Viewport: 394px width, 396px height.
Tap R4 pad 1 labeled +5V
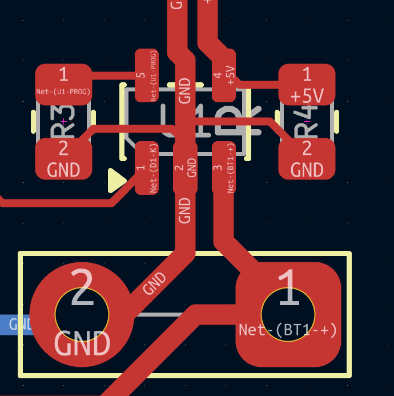pyautogui.click(x=307, y=84)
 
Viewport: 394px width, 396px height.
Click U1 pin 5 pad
pyautogui.click(x=146, y=75)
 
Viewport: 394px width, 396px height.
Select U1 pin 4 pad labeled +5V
pyautogui.click(x=224, y=75)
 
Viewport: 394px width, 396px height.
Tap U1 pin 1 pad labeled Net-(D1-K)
pyautogui.click(x=146, y=167)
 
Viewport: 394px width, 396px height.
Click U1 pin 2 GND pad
pyautogui.click(x=184, y=167)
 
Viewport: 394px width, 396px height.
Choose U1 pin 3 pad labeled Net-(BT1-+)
pyautogui.click(x=224, y=167)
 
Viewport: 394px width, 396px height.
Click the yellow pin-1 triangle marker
pyautogui.click(x=116, y=181)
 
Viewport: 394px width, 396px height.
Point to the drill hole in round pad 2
pyautogui.click(x=82, y=314)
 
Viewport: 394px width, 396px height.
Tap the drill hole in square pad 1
pyautogui.click(x=288, y=314)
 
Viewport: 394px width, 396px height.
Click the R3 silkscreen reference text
pyautogui.click(x=63, y=122)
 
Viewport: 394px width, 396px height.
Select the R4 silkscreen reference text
pyautogui.click(x=307, y=122)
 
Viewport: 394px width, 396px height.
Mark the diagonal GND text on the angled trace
pyautogui.click(x=155, y=283)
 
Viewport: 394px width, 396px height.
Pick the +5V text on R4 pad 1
pyautogui.click(x=307, y=95)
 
